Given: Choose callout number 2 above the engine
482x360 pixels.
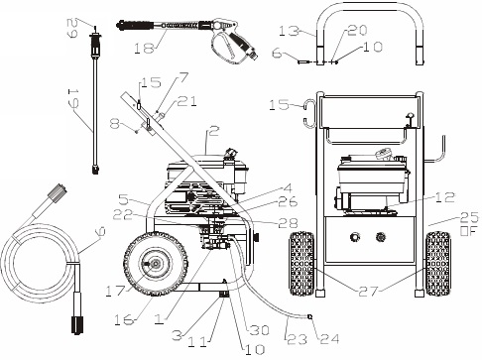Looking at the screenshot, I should (x=213, y=129).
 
